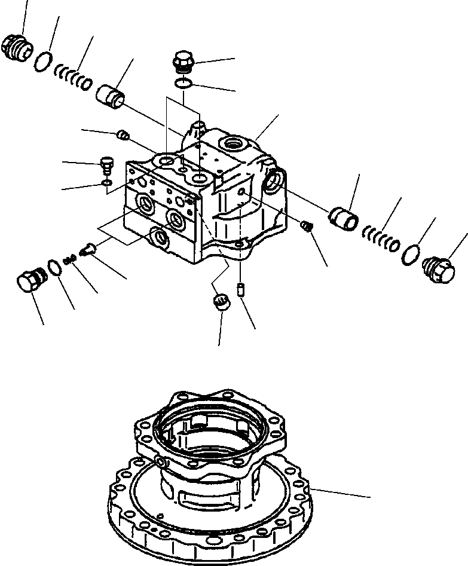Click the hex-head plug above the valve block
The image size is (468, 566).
(x=183, y=62)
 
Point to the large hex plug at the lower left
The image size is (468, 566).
(x=28, y=280)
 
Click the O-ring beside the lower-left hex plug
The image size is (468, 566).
(x=54, y=267)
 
